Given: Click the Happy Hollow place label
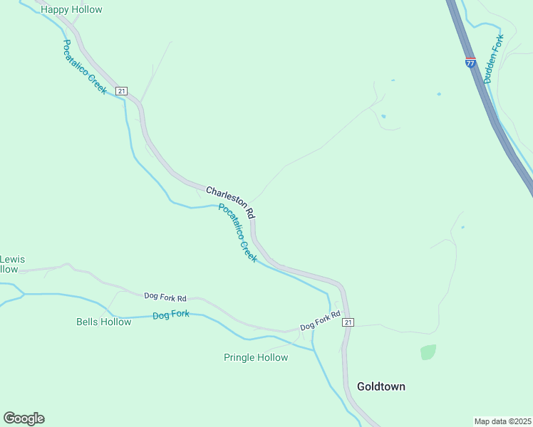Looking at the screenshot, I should [x=71, y=10].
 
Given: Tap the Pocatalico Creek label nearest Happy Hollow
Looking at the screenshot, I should [x=84, y=67].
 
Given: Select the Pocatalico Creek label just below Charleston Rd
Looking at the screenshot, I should [x=237, y=233].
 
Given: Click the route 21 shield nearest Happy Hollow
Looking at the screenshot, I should [x=122, y=91].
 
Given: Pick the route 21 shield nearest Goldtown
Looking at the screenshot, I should [x=348, y=322].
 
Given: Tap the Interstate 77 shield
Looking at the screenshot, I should [x=470, y=63].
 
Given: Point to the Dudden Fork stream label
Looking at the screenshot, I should [x=494, y=59].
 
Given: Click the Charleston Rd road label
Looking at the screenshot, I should [x=230, y=202].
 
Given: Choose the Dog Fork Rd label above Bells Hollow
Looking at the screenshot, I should [x=165, y=296].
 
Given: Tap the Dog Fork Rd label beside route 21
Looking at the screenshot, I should [x=320, y=320].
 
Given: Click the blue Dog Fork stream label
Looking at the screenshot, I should [x=171, y=314].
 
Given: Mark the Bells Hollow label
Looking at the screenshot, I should [x=104, y=322].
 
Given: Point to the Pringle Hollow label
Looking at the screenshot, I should [x=256, y=357].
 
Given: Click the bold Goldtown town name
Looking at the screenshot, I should [x=381, y=386].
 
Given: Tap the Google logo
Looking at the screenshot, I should [x=24, y=418].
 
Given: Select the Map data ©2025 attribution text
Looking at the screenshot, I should [x=502, y=421].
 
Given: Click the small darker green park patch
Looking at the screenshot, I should [x=428, y=352].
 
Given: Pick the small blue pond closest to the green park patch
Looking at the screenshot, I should [x=462, y=228].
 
